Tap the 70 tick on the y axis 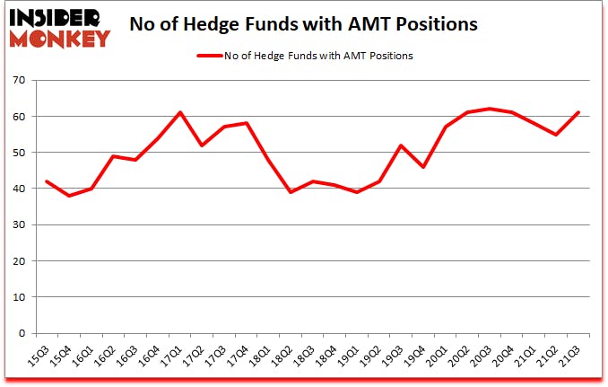20,81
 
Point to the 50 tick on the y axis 20,153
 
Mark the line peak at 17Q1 180,112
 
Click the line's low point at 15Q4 68,196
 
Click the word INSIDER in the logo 56,18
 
